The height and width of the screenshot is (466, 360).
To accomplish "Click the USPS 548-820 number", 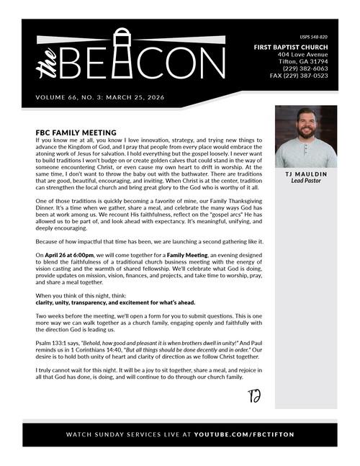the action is point(313,37).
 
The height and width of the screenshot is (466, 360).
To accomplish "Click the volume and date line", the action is point(100,97).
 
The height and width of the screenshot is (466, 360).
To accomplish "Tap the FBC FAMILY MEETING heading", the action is point(76,133).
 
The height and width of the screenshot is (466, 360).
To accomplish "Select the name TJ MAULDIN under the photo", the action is point(306,174).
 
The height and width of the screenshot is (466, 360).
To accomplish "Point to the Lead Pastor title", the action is point(306,182).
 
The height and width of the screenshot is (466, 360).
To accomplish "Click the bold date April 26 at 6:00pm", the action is point(72,256).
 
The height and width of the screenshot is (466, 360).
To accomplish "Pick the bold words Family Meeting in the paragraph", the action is point(189,256).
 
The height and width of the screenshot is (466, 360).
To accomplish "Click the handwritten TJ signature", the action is point(253,395).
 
